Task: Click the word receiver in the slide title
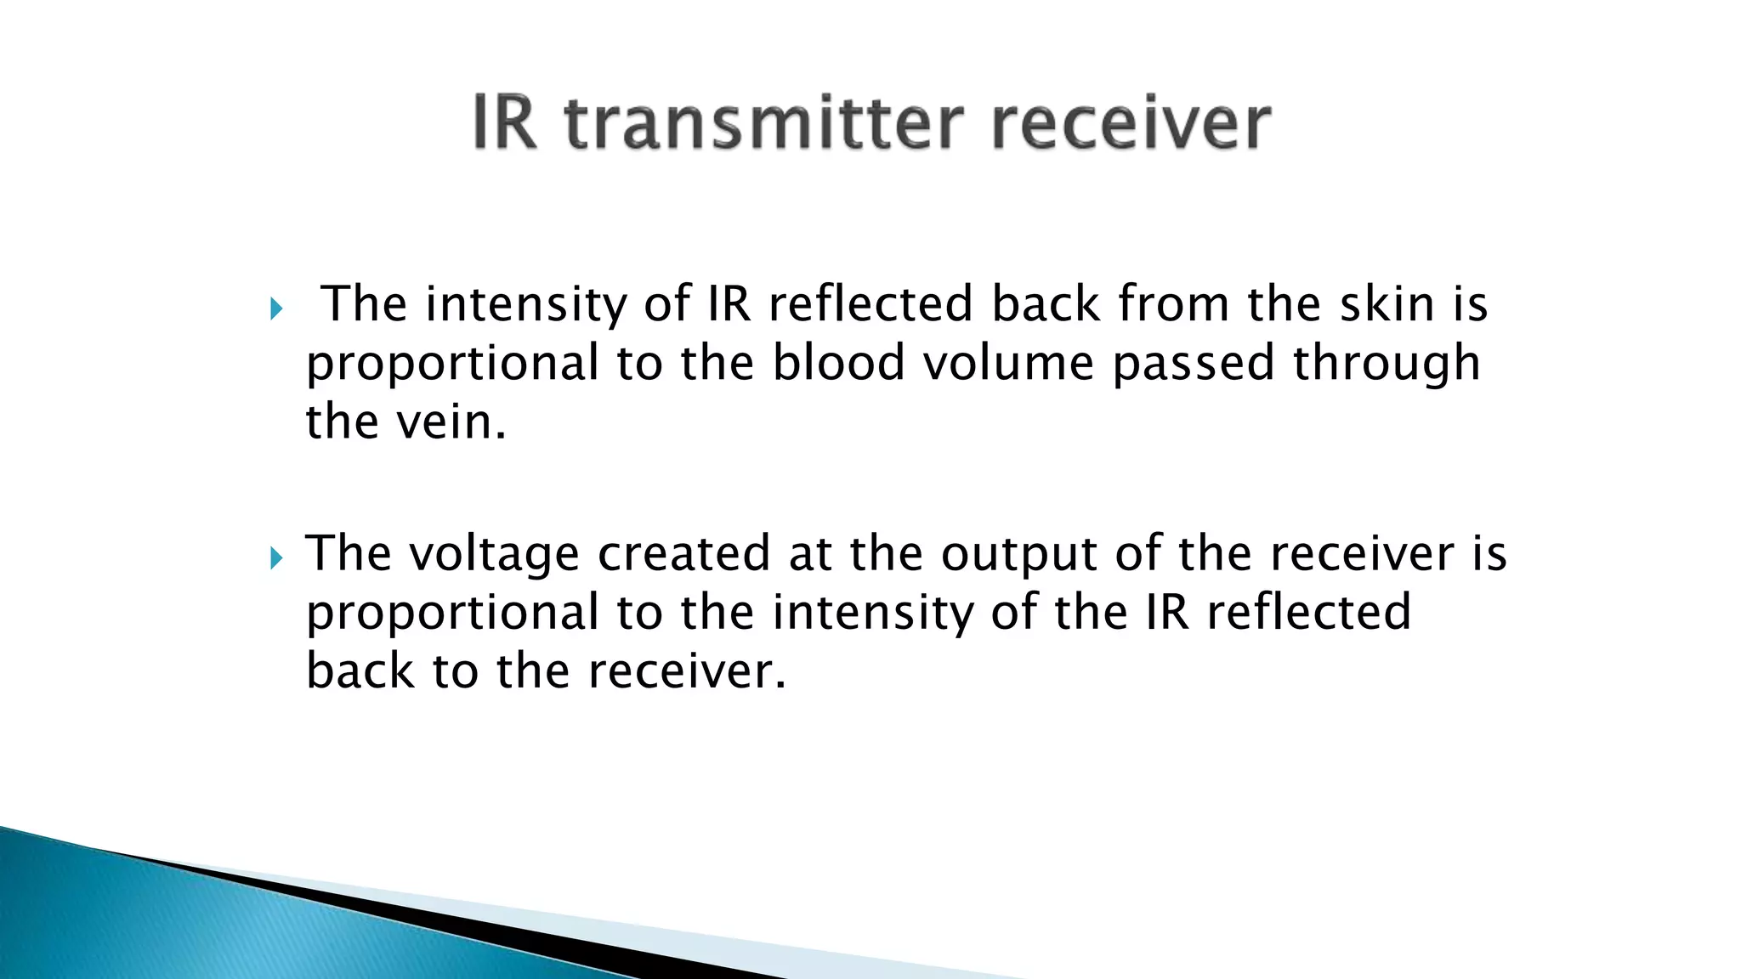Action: coord(1130,125)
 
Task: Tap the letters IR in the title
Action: coord(505,125)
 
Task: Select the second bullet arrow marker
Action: coord(275,557)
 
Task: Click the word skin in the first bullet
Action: coord(1387,303)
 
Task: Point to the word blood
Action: coord(838,363)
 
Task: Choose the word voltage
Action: coord(494,554)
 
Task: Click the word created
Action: coord(683,553)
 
